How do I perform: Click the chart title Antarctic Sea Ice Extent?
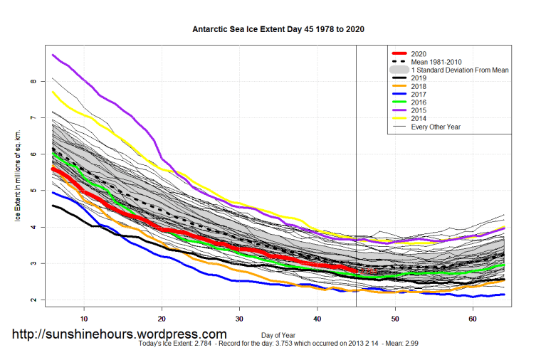click(x=279, y=30)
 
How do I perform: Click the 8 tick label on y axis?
click(x=33, y=81)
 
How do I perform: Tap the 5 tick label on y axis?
click(x=33, y=191)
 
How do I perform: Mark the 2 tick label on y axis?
click(x=33, y=300)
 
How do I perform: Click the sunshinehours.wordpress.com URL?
click(x=120, y=334)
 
